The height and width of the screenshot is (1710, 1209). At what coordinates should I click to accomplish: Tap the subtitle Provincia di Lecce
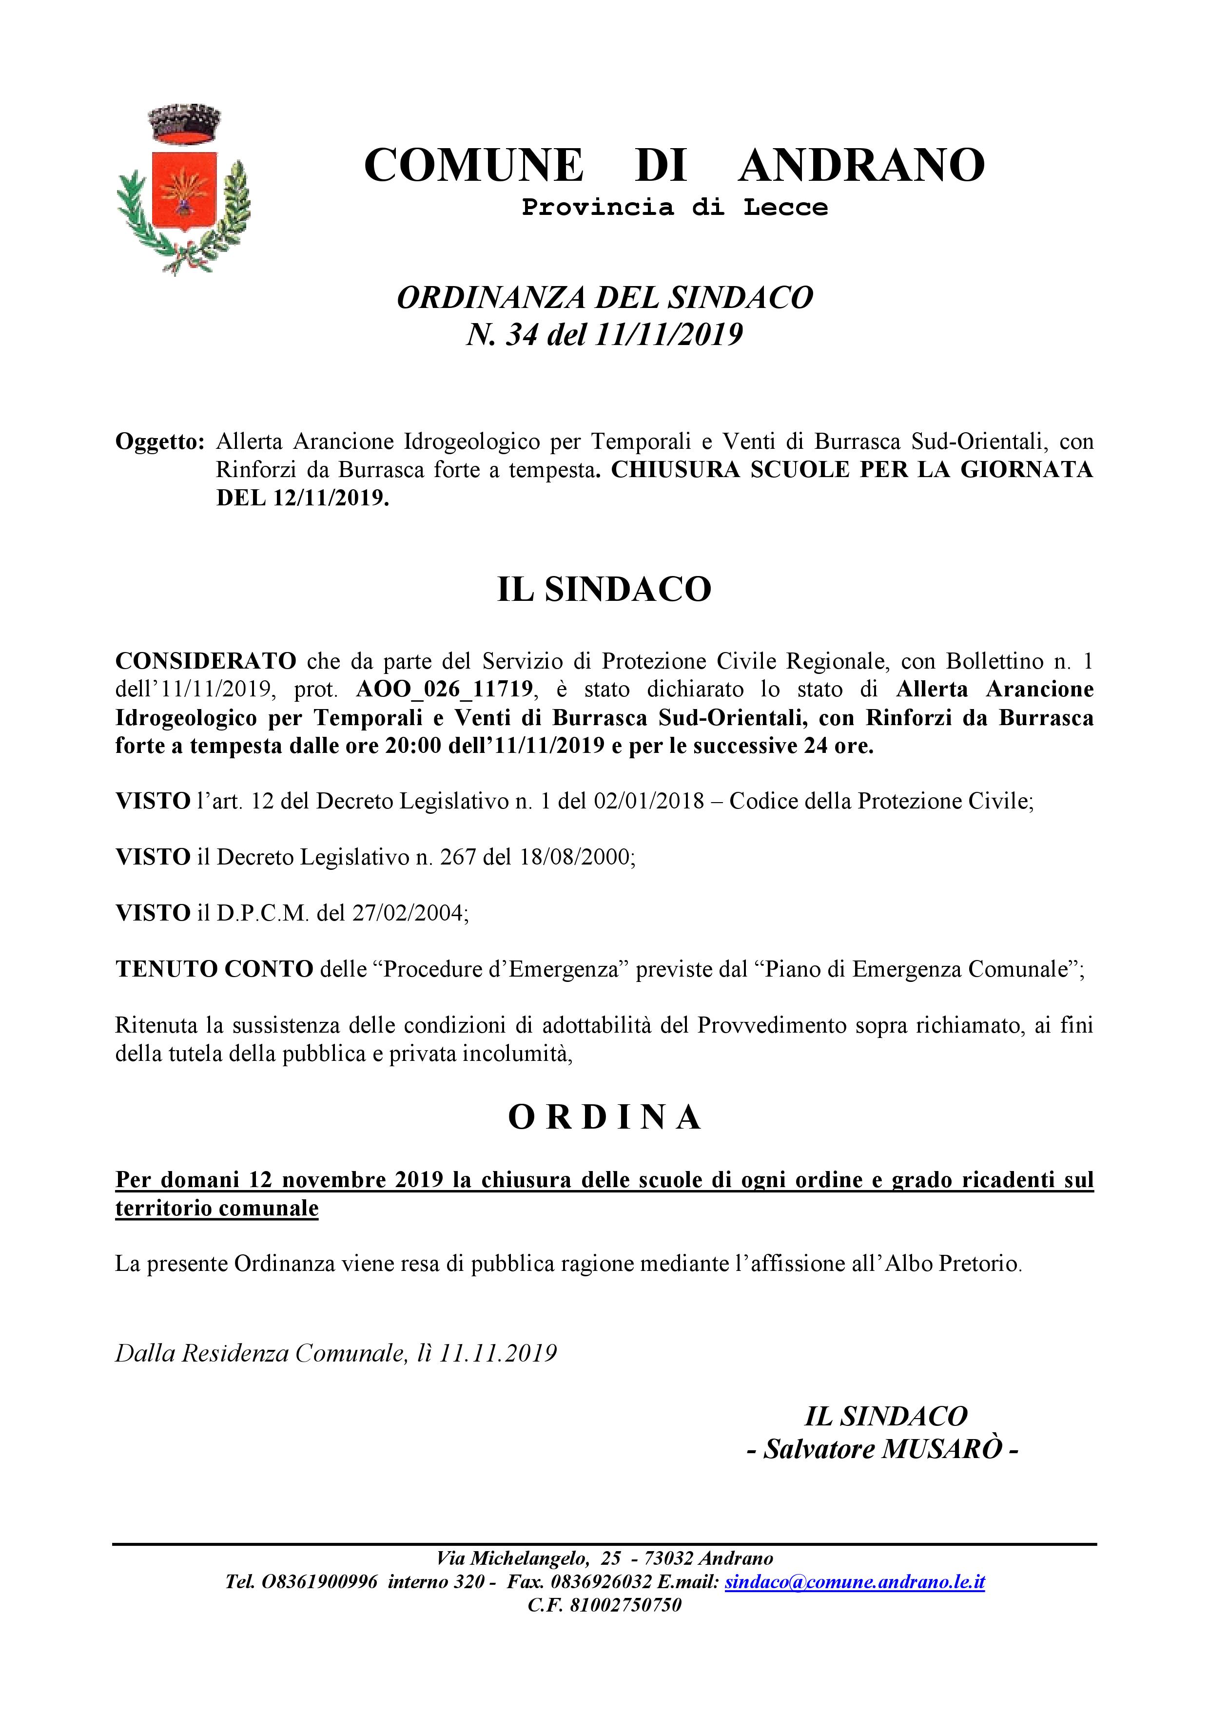click(674, 207)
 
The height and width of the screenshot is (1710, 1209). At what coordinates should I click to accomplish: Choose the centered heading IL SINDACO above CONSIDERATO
click(604, 590)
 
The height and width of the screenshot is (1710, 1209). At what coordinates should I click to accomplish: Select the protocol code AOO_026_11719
click(445, 689)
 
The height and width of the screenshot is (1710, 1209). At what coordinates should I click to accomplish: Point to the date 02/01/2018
click(649, 801)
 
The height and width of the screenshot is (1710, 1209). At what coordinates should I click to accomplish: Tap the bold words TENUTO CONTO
click(214, 969)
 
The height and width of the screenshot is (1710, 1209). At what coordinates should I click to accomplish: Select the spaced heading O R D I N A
click(604, 1117)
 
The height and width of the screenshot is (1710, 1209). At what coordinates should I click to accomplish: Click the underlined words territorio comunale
click(217, 1208)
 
